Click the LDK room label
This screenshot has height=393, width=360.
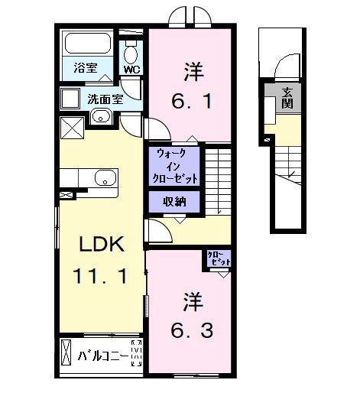pos(97,245)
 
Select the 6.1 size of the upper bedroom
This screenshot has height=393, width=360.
pos(192,100)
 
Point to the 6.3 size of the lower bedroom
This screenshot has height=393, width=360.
pos(192,330)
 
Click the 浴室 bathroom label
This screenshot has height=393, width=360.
pos(73,67)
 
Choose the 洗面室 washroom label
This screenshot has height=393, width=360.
pos(105,99)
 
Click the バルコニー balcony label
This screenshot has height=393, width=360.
pos(103,356)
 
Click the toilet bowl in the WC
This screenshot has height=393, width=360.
pos(131,52)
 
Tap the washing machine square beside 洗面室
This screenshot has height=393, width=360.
pos(72,97)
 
